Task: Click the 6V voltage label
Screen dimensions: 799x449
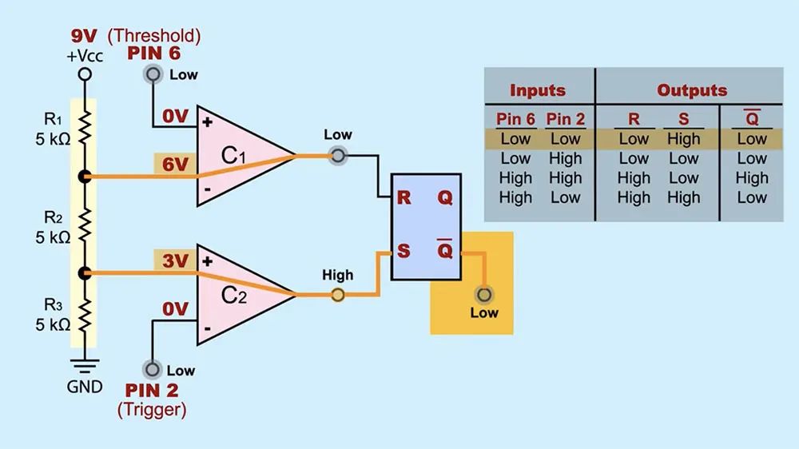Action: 175,165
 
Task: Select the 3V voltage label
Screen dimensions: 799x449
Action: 175,261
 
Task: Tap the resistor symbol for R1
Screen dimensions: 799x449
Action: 85,128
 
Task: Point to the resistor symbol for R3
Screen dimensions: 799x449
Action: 85,315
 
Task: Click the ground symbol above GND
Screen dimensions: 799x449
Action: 85,366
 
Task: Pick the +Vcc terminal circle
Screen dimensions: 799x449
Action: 85,74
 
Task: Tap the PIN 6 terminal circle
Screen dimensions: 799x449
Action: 153,74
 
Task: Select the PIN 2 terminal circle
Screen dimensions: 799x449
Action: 152,369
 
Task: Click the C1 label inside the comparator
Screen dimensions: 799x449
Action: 233,156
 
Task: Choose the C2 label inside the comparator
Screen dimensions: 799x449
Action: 234,295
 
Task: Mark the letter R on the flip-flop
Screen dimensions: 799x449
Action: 403,197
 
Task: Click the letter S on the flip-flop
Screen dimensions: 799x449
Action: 403,251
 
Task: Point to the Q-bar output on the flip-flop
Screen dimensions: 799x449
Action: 445,248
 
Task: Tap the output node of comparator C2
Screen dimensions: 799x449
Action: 337,295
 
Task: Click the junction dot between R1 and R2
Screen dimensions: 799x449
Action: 85,177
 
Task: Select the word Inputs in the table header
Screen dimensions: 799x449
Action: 538,90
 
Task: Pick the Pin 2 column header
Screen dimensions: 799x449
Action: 565,119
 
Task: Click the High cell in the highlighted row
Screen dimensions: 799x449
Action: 683,139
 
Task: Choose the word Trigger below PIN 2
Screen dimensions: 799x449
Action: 152,409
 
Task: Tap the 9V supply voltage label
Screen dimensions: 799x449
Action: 84,36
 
